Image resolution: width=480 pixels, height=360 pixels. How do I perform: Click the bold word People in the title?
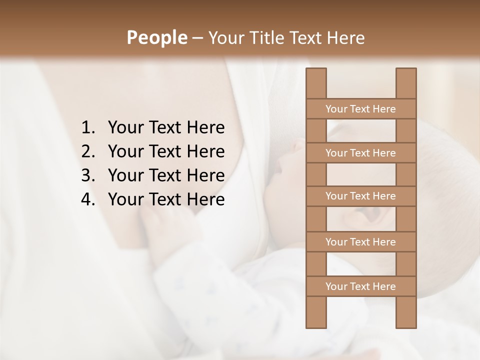click(x=156, y=37)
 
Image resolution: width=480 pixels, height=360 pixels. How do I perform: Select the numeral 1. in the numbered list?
click(x=88, y=128)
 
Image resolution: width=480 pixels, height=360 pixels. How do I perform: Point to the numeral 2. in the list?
click(x=88, y=151)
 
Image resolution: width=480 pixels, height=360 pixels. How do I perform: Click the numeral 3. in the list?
click(x=88, y=175)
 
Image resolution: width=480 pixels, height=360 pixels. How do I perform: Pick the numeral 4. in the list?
click(x=88, y=199)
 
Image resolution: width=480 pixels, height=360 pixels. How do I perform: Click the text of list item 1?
click(x=166, y=128)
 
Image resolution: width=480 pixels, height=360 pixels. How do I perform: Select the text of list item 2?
click(x=166, y=151)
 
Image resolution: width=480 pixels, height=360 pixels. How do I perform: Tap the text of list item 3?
click(x=166, y=175)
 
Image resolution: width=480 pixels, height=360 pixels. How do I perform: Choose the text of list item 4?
click(x=166, y=199)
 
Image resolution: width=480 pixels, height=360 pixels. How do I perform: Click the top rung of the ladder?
click(x=360, y=109)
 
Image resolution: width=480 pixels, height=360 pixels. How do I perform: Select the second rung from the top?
click(x=360, y=153)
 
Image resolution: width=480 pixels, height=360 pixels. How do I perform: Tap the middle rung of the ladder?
click(x=360, y=196)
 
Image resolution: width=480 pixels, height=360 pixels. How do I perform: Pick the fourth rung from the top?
click(x=360, y=242)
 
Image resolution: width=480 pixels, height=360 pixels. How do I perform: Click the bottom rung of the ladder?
click(x=360, y=286)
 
